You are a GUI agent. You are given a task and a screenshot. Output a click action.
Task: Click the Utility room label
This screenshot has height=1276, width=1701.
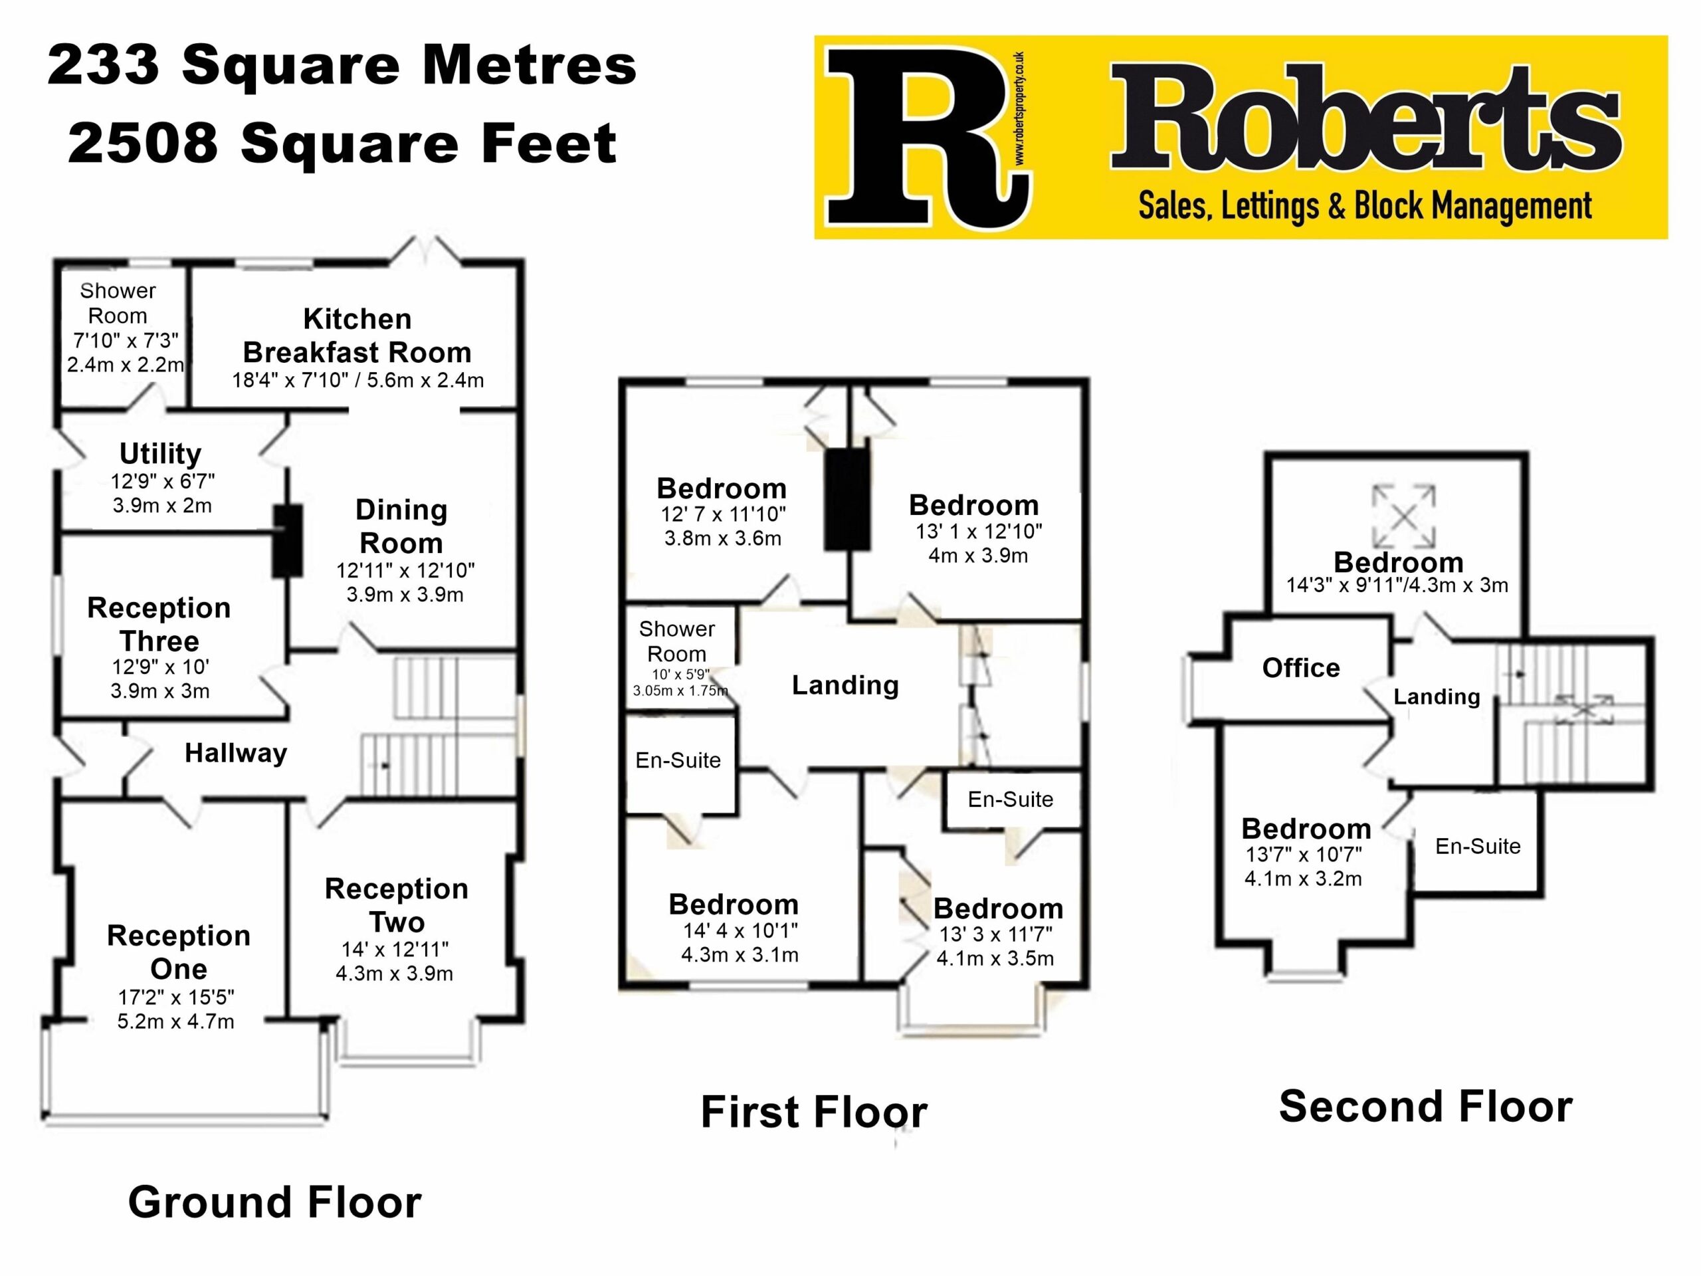coord(160,454)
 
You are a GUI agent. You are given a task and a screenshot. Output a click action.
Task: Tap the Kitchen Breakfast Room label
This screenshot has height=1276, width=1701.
coord(357,336)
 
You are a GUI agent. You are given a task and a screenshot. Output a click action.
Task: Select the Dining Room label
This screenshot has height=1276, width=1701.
coord(401,526)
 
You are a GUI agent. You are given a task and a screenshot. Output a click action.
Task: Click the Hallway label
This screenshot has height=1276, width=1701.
coord(235,753)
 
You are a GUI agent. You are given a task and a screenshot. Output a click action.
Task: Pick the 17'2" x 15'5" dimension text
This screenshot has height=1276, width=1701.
coord(176,998)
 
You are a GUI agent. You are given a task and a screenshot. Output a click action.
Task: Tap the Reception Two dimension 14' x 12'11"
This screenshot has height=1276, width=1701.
coord(395,949)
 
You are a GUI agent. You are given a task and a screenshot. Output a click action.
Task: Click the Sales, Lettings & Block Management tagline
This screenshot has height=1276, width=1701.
coord(1365,206)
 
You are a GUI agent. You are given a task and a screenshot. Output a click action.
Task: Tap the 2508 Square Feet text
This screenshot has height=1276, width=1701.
coord(342,144)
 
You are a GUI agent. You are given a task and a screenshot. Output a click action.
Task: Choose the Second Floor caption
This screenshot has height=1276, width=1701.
coord(1426,1107)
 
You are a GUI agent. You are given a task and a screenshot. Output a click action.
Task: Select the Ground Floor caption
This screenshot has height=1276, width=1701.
coord(274,1202)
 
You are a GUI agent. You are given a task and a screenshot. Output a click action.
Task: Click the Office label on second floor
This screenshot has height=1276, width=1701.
coord(1300,668)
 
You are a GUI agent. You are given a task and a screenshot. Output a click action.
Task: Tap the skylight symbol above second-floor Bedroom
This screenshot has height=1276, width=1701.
coord(1403,516)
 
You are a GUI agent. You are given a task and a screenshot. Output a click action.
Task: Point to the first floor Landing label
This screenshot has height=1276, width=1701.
coord(845,685)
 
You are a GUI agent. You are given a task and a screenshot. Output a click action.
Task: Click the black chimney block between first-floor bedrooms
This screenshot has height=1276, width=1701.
coord(847,499)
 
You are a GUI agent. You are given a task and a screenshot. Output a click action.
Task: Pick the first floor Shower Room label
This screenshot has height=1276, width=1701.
coord(676,641)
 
